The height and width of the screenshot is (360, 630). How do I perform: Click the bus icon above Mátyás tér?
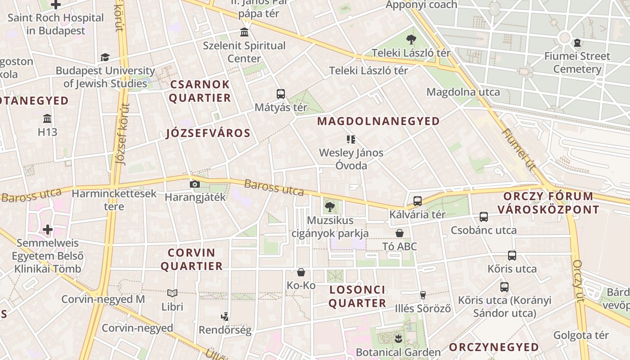point(281,94)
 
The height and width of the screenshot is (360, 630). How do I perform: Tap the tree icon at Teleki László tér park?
point(411,40)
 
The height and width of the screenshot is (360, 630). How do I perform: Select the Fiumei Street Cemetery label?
point(577,63)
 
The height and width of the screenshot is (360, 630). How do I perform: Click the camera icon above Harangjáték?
point(195,184)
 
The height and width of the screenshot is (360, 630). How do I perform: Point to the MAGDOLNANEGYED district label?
point(378,121)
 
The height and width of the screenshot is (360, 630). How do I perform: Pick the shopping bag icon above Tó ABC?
point(399,233)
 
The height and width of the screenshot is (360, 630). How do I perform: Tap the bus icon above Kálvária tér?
point(418,201)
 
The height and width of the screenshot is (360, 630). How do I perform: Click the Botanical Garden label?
point(398,352)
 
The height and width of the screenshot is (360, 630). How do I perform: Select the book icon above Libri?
point(172,293)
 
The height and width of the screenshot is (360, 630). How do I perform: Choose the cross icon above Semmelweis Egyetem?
point(48,230)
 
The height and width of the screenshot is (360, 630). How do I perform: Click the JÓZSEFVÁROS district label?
point(208,133)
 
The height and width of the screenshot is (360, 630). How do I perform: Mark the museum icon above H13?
point(47,119)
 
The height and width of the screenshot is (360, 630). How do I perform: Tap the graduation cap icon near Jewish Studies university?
point(105,57)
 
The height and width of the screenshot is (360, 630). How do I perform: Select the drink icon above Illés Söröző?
point(423,295)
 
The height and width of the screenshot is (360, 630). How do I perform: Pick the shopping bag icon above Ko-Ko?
point(301,272)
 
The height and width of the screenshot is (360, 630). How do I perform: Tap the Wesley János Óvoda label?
point(351,159)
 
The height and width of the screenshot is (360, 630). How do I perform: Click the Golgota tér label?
point(581,335)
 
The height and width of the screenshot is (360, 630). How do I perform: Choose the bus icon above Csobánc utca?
point(484,217)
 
